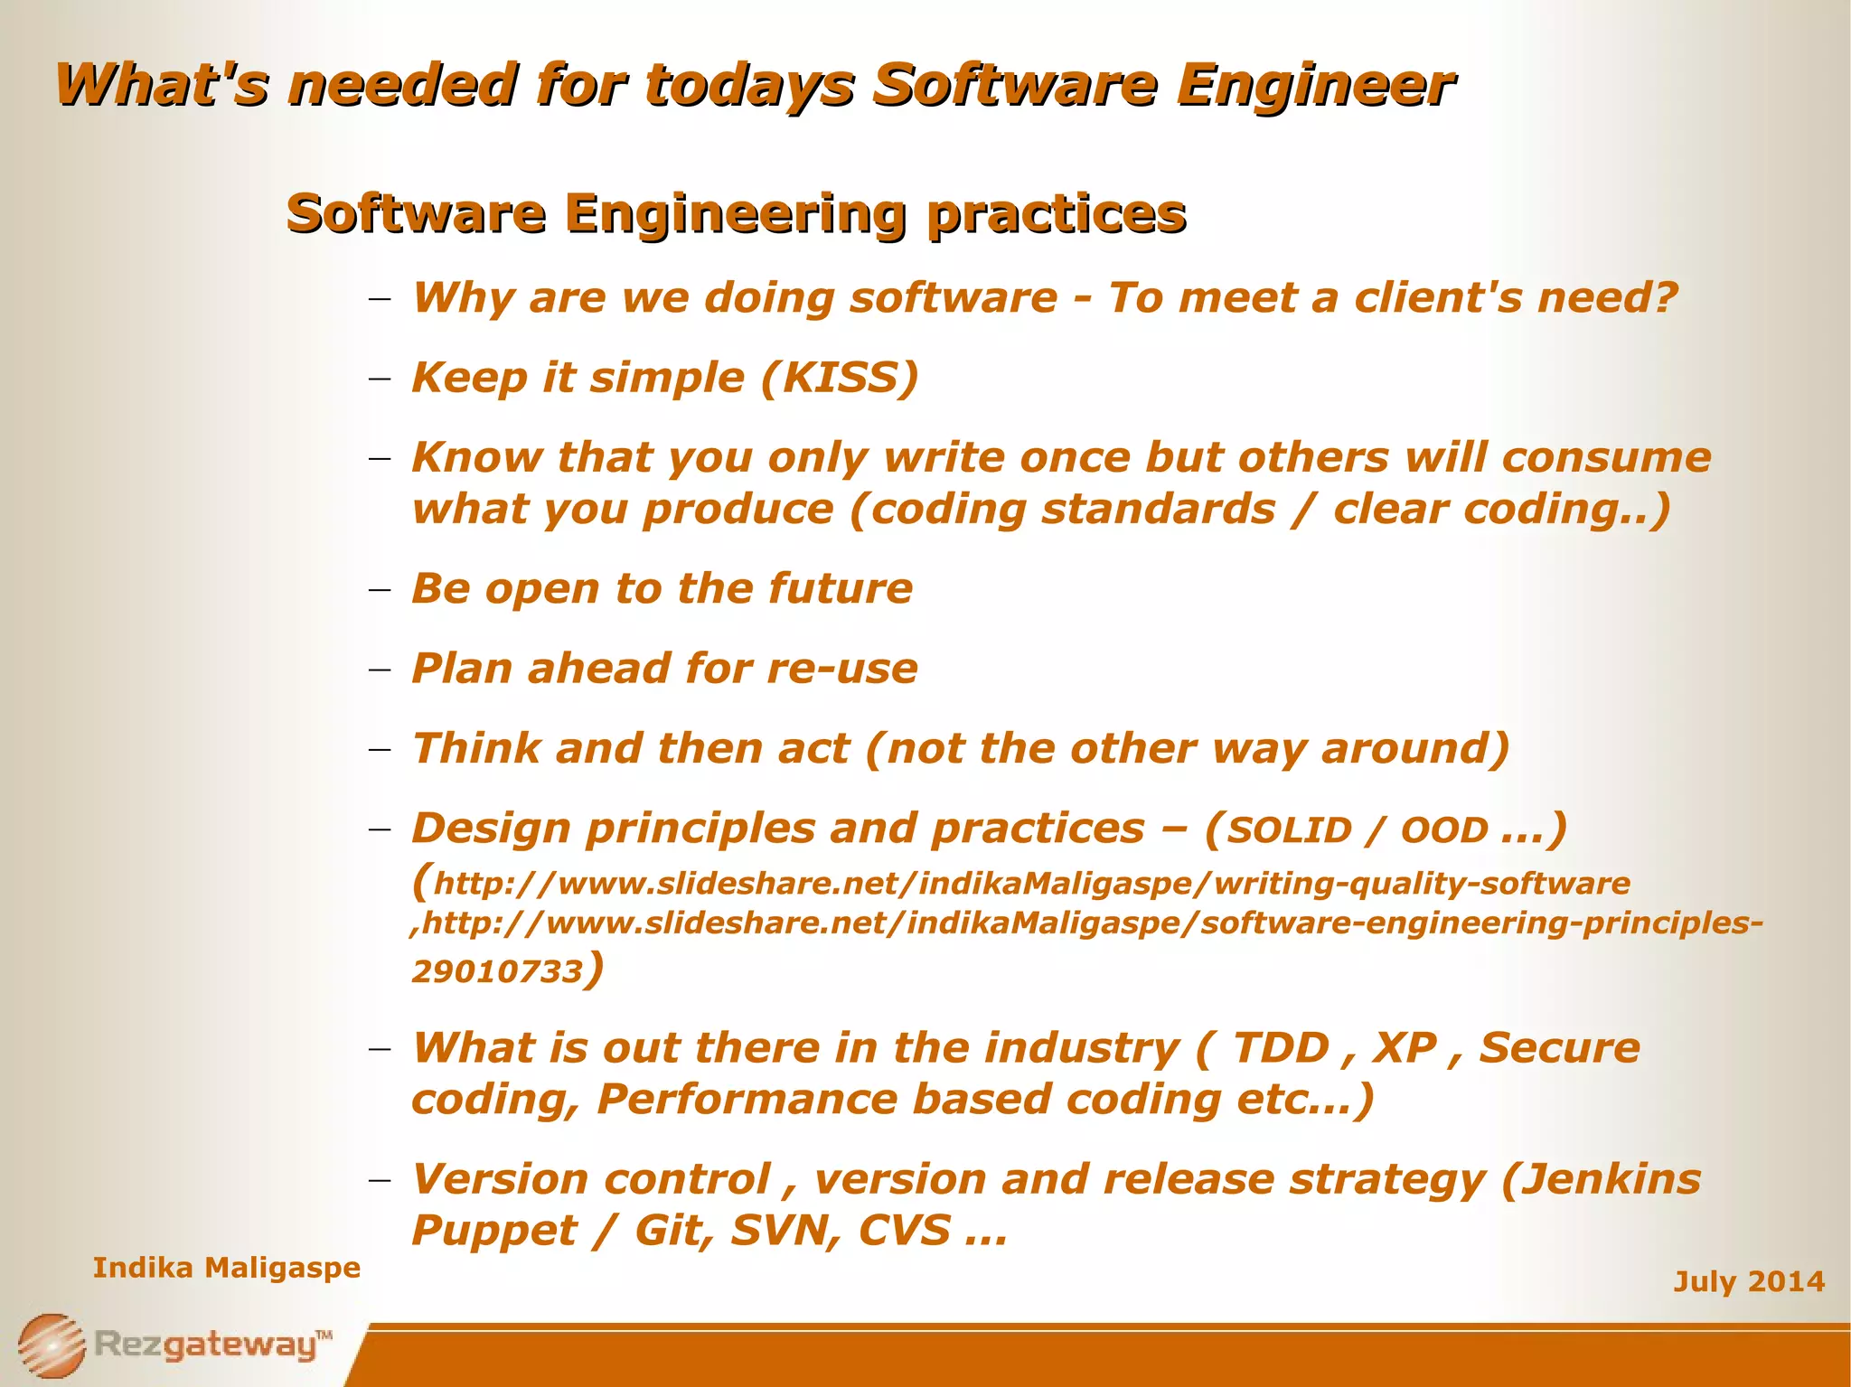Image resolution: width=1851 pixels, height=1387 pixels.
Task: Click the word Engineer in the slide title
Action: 1315,86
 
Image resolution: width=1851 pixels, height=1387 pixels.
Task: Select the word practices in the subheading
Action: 1056,215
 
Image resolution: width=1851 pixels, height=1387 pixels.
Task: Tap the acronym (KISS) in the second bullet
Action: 840,378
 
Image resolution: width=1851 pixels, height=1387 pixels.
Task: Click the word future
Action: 841,589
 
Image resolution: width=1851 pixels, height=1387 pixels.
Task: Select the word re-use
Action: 841,669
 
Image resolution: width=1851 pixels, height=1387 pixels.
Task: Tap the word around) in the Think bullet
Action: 1415,749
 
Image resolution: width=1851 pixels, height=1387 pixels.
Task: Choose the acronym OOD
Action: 1443,830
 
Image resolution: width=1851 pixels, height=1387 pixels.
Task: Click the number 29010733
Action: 497,971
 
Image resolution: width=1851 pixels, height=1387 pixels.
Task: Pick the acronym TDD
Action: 1281,1048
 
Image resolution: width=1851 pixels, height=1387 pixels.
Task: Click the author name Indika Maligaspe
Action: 227,1268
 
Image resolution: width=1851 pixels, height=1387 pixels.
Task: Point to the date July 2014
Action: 1748,1281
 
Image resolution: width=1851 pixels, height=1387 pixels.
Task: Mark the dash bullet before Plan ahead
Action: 380,670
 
